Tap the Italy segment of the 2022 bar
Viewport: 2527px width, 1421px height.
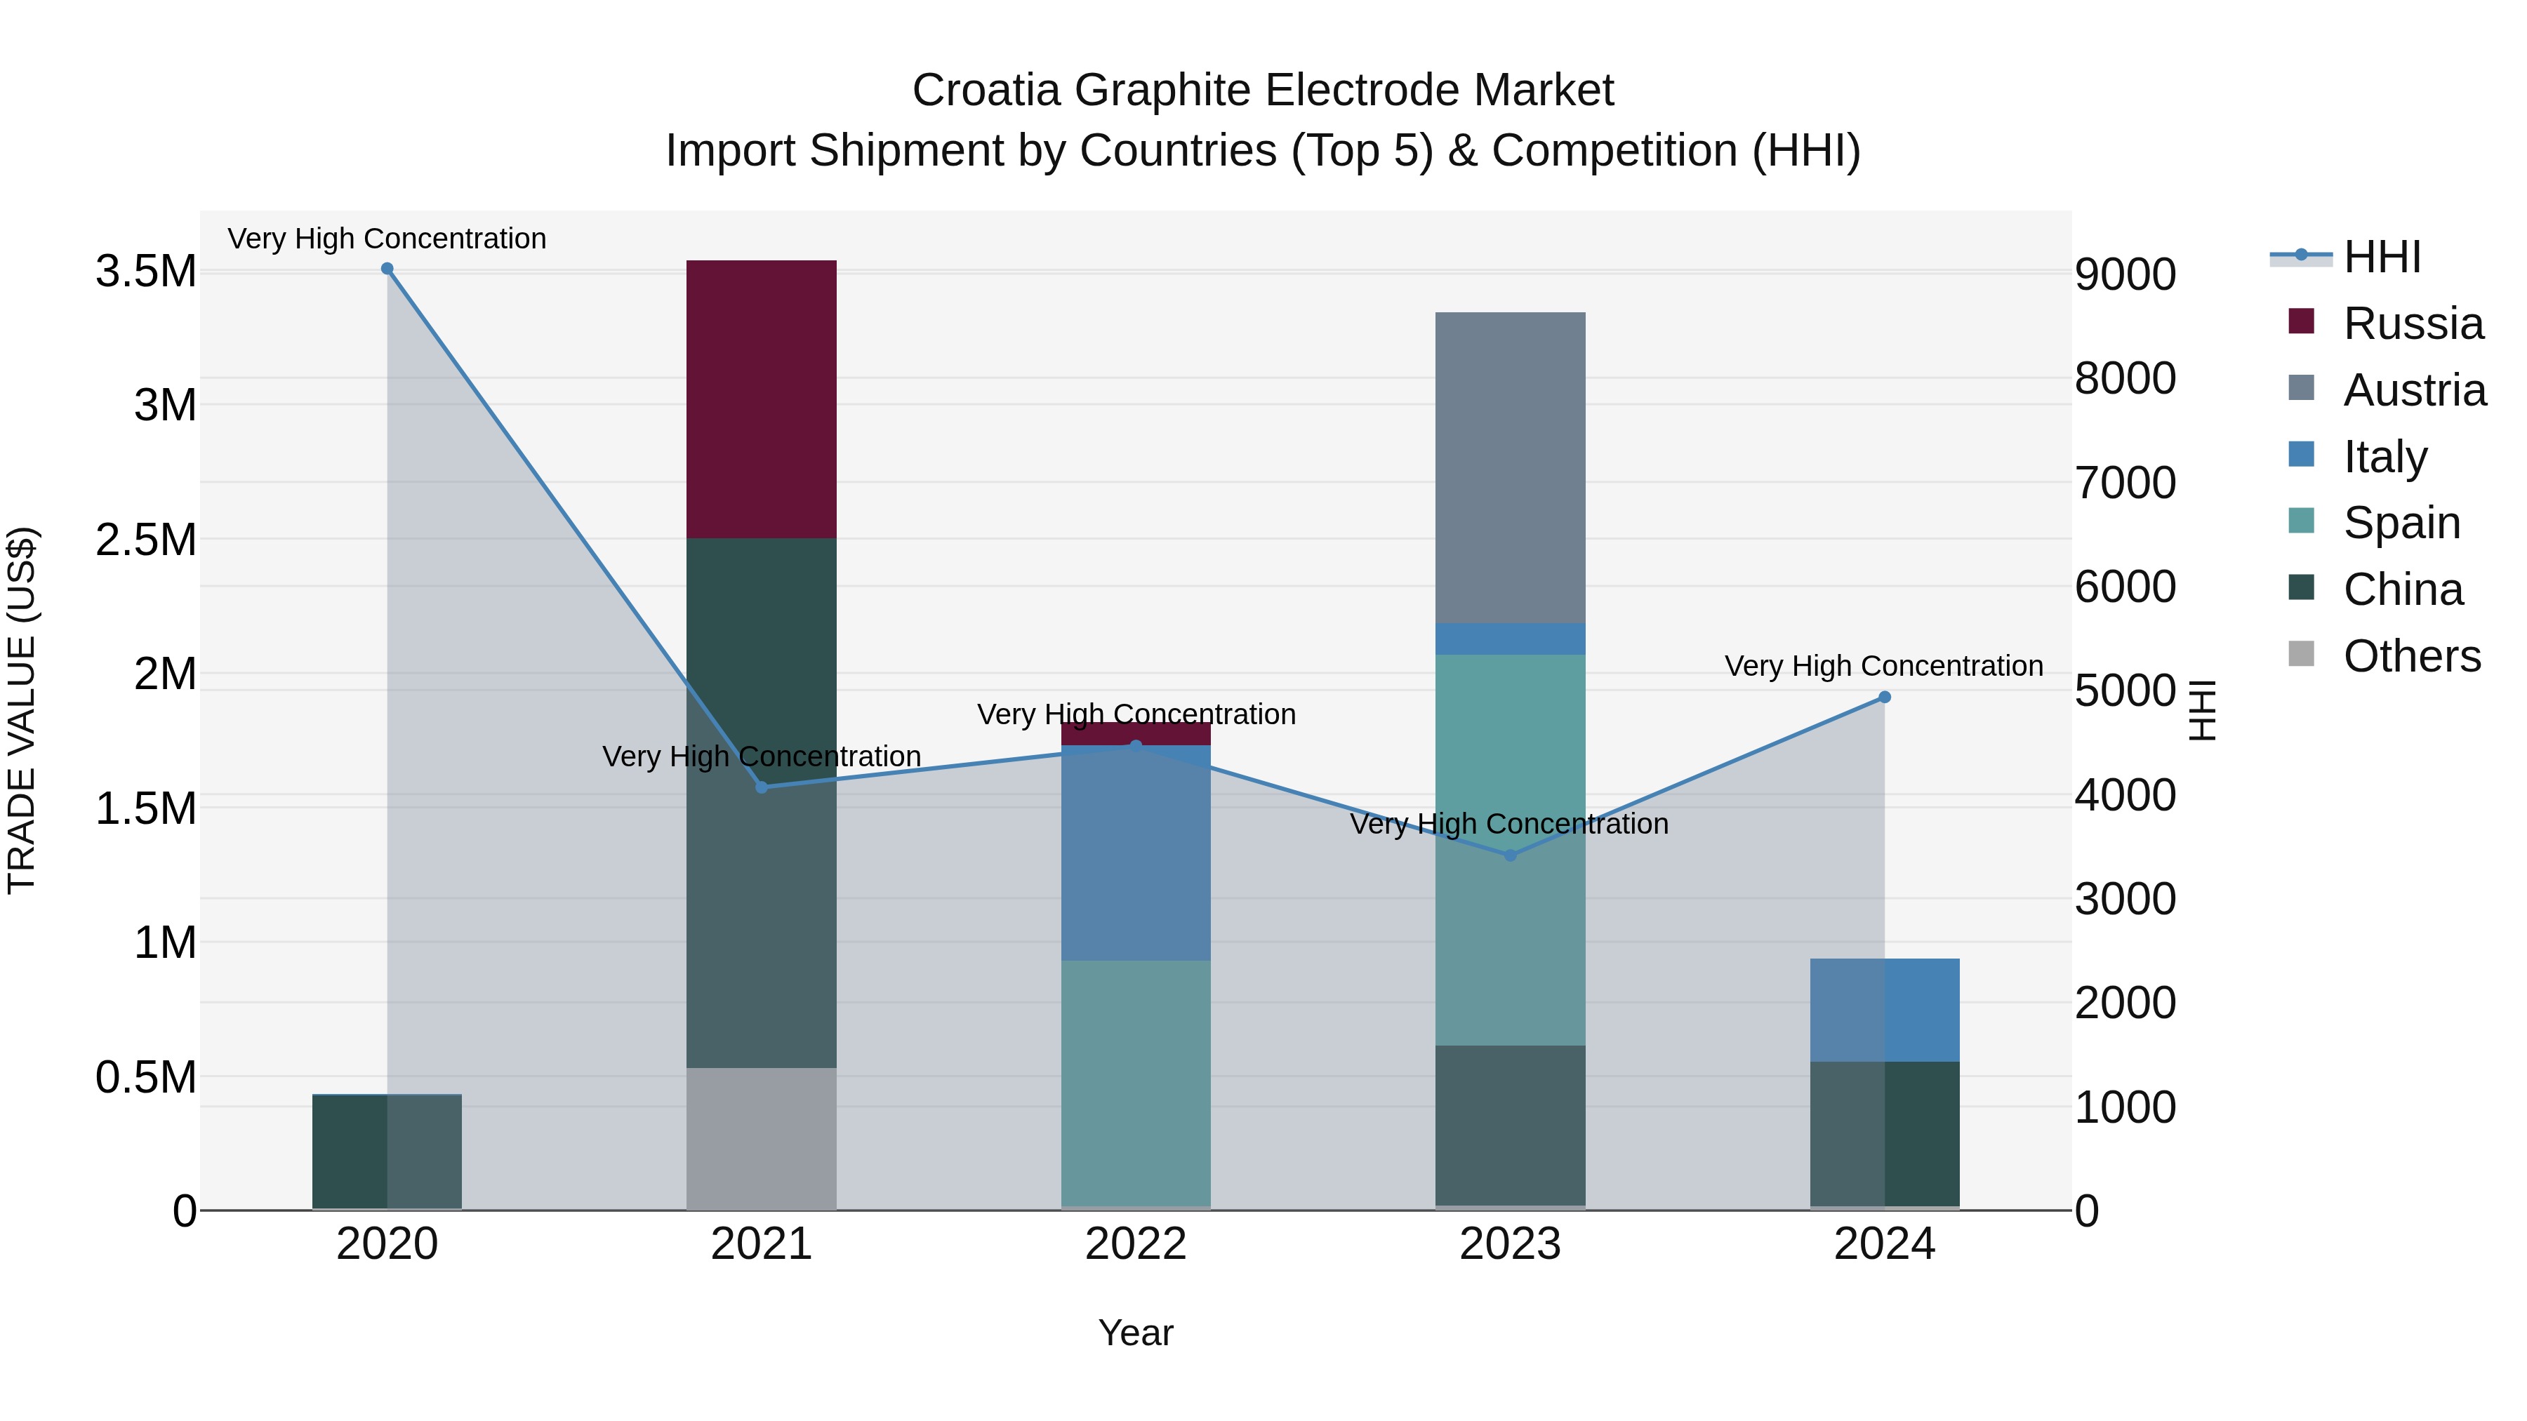(x=1135, y=853)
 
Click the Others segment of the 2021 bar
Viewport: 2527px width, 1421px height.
(x=760, y=1138)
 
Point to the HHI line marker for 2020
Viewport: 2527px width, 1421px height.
(x=387, y=269)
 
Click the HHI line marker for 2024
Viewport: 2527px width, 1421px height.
(x=1885, y=698)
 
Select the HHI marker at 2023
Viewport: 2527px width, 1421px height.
(x=1510, y=855)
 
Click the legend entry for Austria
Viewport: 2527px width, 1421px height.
(x=2413, y=389)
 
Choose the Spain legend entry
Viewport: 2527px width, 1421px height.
(x=2401, y=521)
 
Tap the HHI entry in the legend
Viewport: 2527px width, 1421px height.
(x=2382, y=257)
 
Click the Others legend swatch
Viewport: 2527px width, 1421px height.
(x=2300, y=654)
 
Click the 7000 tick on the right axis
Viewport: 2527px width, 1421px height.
(x=2125, y=483)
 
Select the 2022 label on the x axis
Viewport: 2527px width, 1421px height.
(x=1135, y=1243)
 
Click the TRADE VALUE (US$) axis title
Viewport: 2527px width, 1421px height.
(x=22, y=710)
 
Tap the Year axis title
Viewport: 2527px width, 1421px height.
(x=1135, y=1333)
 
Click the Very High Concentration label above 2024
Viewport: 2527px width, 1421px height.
(x=1883, y=666)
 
